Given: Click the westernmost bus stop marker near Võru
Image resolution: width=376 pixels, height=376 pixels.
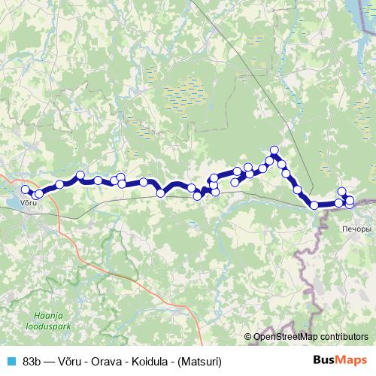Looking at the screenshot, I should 25,190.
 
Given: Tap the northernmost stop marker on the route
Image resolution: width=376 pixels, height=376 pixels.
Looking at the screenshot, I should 274,150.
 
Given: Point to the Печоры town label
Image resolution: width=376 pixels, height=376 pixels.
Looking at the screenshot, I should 356,228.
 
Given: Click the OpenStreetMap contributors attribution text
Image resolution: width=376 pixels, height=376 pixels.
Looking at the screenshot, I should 311,336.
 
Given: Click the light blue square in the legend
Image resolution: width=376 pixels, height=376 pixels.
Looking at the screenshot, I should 11,360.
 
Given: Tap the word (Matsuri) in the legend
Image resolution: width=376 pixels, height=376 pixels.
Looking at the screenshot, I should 199,360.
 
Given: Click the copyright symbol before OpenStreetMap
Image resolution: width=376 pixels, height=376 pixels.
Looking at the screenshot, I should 247,336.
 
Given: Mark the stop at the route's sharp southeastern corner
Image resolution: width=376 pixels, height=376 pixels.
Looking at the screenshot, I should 314,205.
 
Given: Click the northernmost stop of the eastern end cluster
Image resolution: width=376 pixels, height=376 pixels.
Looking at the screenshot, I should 342,191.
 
